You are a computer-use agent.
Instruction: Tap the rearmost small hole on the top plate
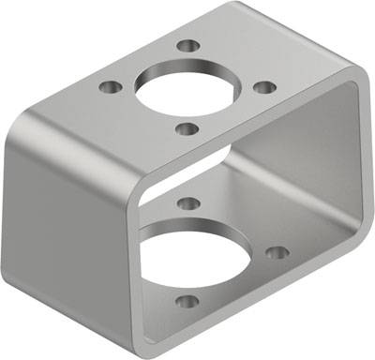(x=188, y=45)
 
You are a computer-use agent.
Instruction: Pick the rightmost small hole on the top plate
(x=265, y=87)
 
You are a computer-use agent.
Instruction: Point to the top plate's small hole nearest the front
(x=187, y=127)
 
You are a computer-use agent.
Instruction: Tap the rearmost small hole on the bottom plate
(x=187, y=202)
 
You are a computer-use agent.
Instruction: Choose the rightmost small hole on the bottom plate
(x=276, y=251)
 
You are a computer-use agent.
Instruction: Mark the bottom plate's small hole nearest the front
(x=187, y=302)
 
